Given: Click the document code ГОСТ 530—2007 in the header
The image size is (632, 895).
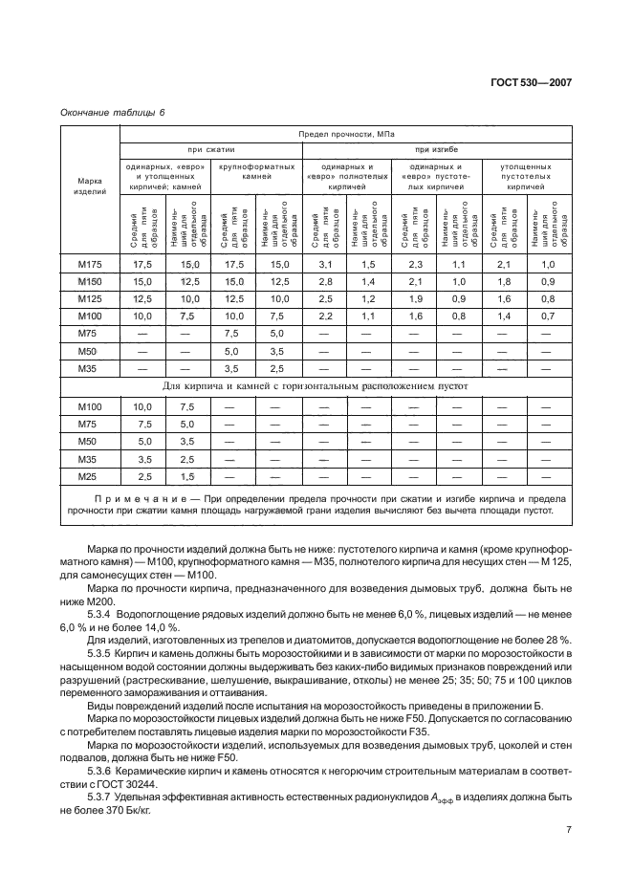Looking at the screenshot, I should pyautogui.click(x=538, y=83).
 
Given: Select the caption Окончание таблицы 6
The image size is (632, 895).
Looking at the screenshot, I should pyautogui.click(x=113, y=113).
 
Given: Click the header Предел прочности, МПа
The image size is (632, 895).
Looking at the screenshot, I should pyautogui.click(x=346, y=135).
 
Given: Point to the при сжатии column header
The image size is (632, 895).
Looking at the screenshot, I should pyautogui.click(x=210, y=150).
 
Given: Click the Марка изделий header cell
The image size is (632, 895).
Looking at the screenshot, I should pyautogui.click(x=89, y=186).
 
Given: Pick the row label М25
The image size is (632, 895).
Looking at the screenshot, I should pyautogui.click(x=89, y=476).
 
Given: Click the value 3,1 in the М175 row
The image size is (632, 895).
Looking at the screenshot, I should pyautogui.click(x=324, y=264).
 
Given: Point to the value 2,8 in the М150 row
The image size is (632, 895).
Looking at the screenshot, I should pyautogui.click(x=324, y=281).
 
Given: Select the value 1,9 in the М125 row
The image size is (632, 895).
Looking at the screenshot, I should pyautogui.click(x=414, y=298).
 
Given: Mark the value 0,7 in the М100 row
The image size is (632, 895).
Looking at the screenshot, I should pyautogui.click(x=548, y=316).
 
